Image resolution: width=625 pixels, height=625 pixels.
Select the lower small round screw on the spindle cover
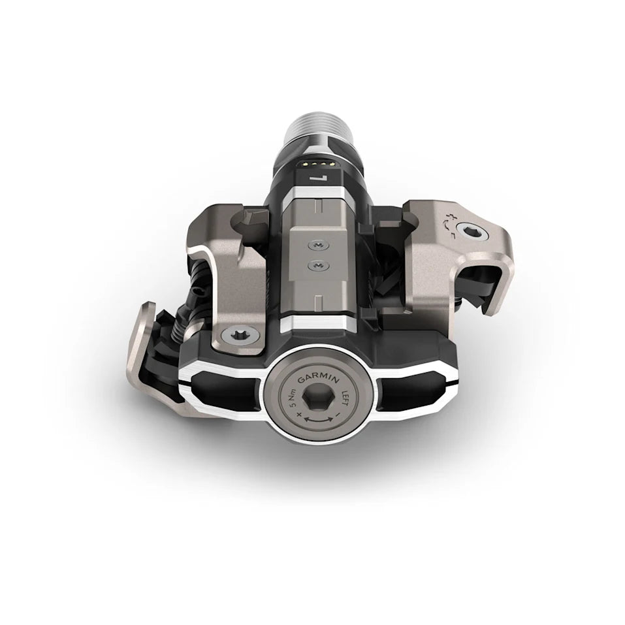click(318, 265)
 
